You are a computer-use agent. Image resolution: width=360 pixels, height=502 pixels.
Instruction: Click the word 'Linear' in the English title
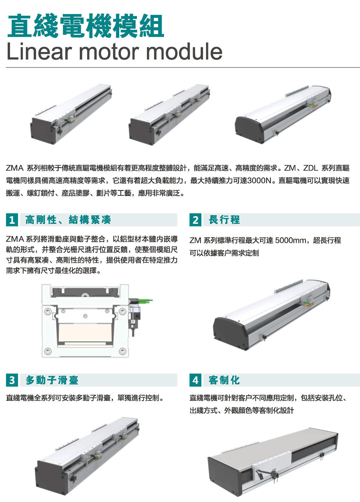point(38,51)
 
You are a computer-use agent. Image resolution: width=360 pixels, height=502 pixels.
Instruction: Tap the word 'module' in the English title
point(184,51)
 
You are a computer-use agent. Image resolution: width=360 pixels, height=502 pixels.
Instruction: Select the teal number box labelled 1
point(12,220)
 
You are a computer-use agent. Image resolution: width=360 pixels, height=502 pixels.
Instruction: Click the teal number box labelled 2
point(195,220)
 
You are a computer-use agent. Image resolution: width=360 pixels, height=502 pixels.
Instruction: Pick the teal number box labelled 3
point(12,380)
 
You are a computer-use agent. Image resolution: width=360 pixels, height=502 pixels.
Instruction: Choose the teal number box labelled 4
point(195,380)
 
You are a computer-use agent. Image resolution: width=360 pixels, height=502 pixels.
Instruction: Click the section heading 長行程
point(224,220)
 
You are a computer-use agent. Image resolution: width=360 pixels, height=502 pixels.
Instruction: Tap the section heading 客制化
point(224,380)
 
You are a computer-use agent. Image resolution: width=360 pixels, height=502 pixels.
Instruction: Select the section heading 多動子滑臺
point(52,380)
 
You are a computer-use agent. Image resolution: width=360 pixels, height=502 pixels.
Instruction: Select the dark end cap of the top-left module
point(43,131)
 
